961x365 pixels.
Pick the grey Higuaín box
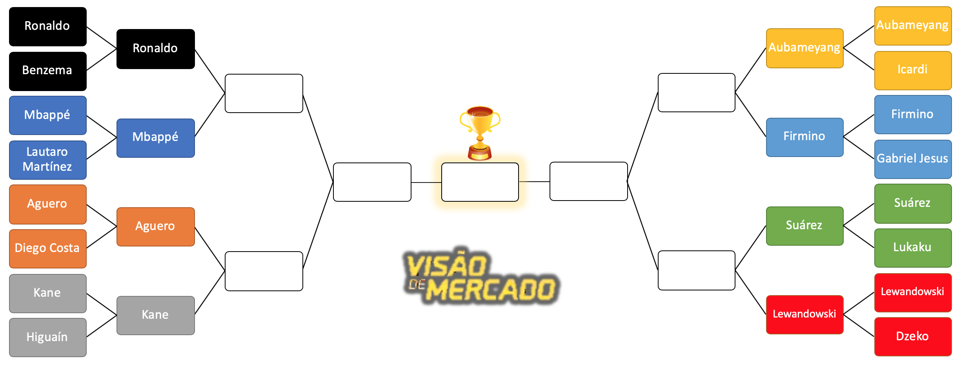click(47, 337)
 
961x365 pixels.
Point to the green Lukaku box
click(913, 248)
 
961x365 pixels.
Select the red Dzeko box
click(913, 336)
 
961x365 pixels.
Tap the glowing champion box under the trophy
click(480, 182)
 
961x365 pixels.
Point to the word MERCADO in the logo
click(490, 290)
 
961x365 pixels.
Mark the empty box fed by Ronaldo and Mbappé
click(264, 93)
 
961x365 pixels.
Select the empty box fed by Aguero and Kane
click(264, 271)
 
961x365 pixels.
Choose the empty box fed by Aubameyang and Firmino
click(696, 93)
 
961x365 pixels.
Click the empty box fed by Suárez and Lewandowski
click(696, 270)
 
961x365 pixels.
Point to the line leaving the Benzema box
click(102, 60)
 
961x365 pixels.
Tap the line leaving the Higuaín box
click(102, 326)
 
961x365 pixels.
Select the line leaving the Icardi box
click(859, 59)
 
